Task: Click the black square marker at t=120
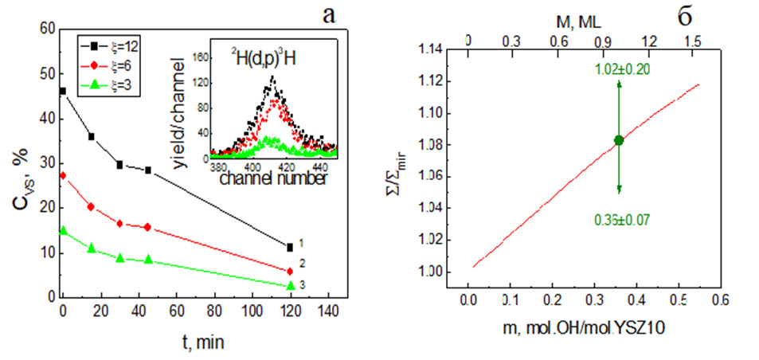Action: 290,247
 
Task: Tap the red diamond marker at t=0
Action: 63,175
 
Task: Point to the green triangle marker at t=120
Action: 290,285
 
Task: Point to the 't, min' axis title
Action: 199,342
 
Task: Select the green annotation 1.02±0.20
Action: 621,69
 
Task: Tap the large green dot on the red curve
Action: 619,140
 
